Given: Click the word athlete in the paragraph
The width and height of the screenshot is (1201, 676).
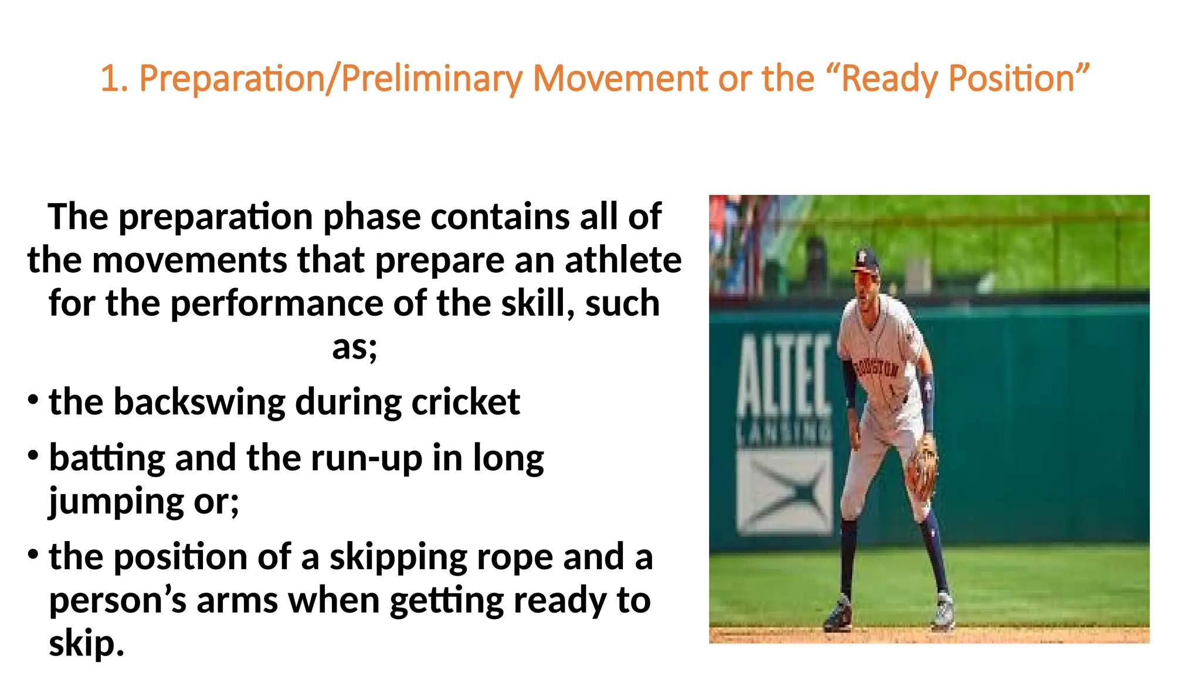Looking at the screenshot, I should pos(623,260).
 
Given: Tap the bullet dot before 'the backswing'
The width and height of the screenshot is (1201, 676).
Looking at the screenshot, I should pos(33,400).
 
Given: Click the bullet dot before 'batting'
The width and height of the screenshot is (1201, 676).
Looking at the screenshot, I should pos(33,455).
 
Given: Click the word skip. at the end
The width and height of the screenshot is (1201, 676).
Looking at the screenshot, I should pos(86,644).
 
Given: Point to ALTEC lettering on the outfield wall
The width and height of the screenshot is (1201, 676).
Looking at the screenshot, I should pos(783,376).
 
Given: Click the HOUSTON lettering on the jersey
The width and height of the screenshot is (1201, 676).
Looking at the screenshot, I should pos(876,368).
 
